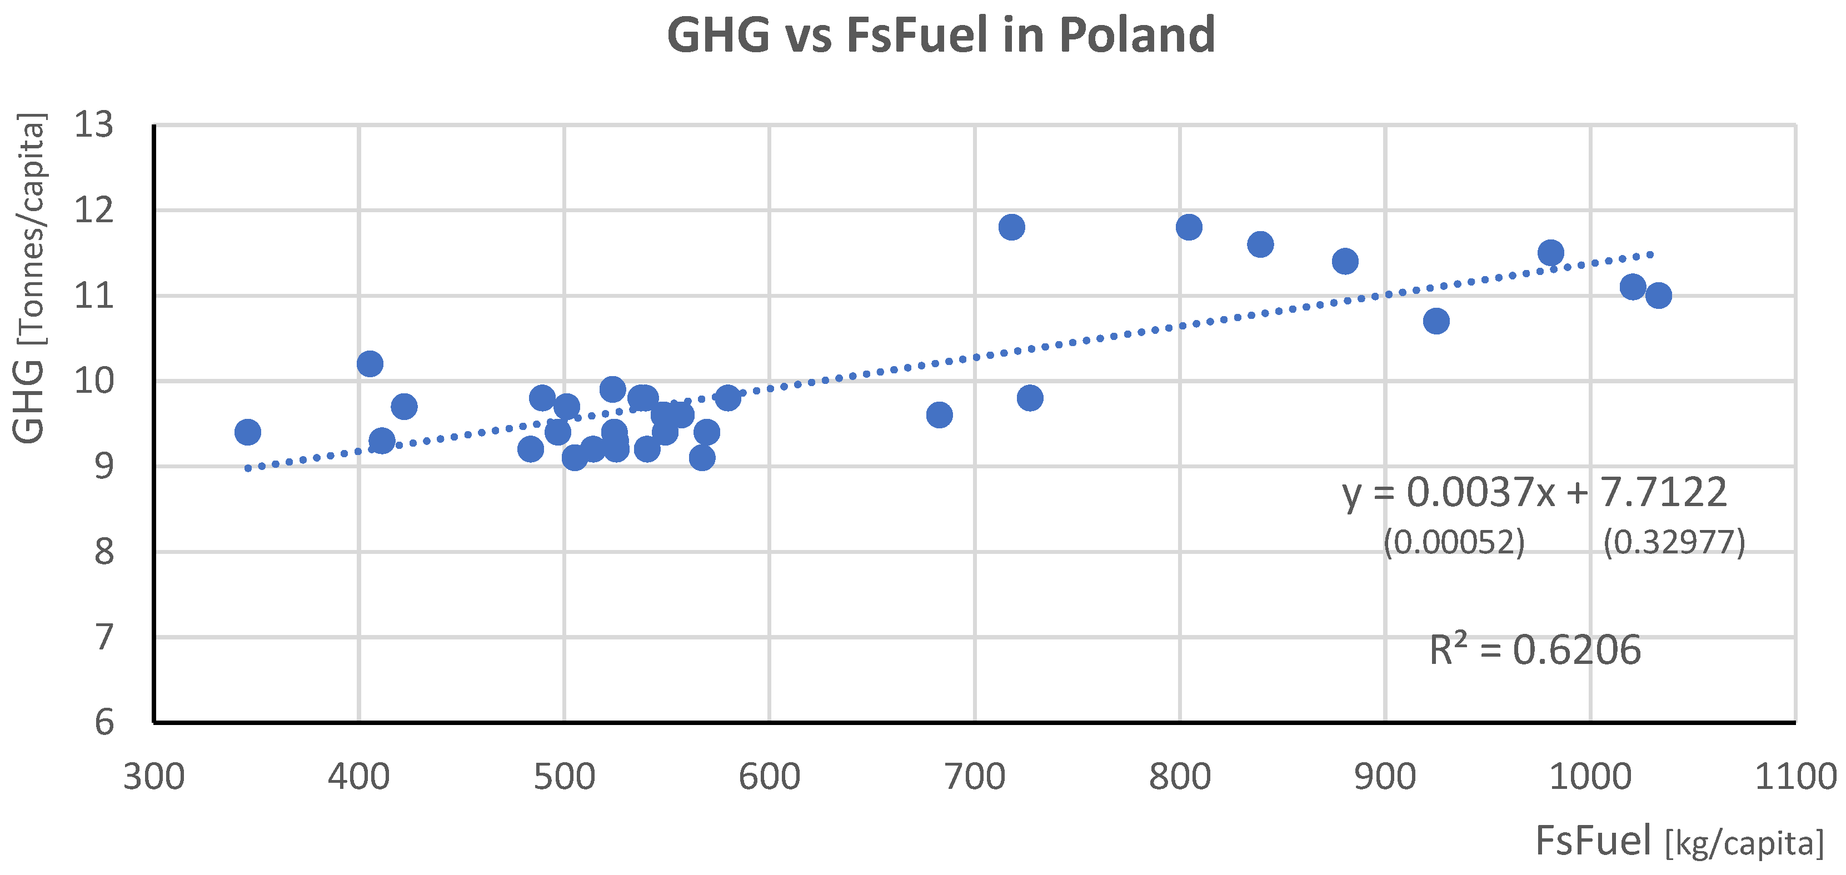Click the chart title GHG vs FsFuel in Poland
click(x=940, y=34)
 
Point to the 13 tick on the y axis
click(x=94, y=126)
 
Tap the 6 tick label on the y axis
click(x=104, y=722)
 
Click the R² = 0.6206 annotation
click(x=1535, y=650)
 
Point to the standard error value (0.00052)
click(x=1453, y=542)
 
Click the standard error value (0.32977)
click(x=1674, y=542)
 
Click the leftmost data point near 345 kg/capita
click(x=247, y=432)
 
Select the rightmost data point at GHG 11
click(x=1658, y=295)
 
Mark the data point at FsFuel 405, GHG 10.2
click(x=370, y=364)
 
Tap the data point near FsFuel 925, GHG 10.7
click(x=1436, y=321)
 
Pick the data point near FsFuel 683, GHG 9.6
click(x=939, y=415)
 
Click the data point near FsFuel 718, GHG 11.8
click(x=1011, y=227)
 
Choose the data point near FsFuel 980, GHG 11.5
click(x=1550, y=253)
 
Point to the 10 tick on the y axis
click(x=94, y=381)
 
